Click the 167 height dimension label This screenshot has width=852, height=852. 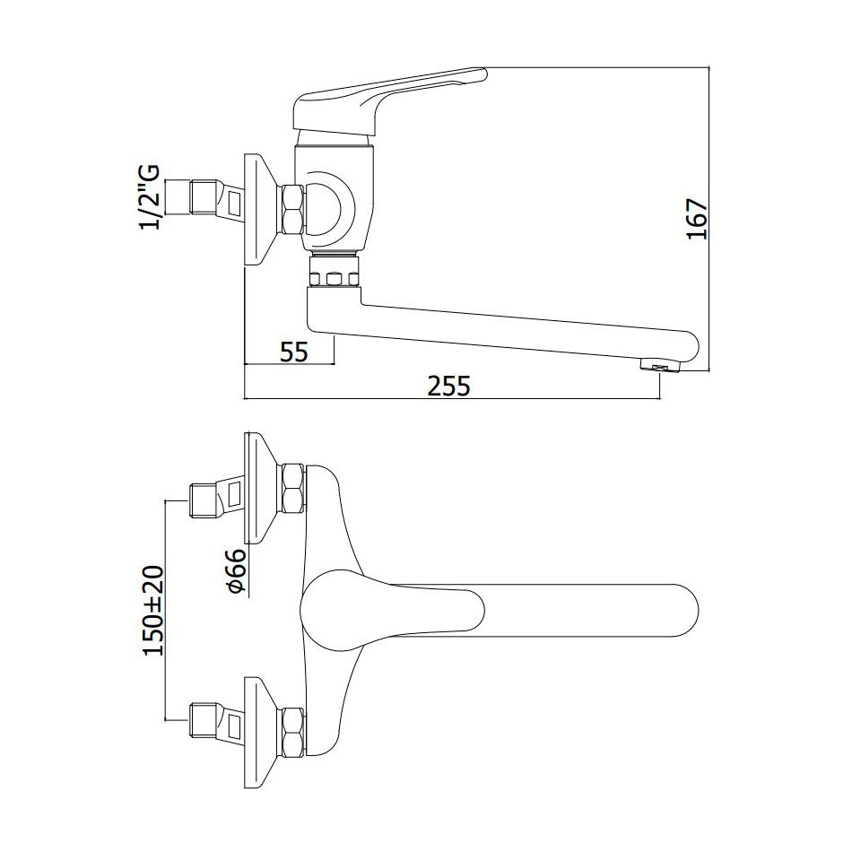coord(698,220)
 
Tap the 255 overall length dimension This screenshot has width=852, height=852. coord(448,387)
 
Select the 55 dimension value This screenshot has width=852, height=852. coord(294,352)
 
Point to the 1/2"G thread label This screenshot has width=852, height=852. coord(150,198)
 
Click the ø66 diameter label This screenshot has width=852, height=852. coord(236,570)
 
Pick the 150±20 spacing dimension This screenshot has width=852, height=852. coord(153,611)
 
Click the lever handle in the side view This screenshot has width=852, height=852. coord(389,101)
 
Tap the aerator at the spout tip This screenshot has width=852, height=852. coord(660,365)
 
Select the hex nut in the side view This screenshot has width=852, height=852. coord(292,210)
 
